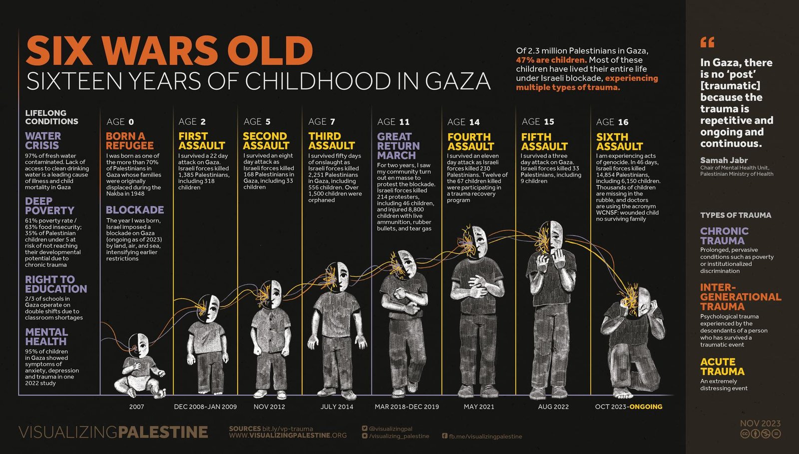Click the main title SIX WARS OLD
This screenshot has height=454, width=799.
click(169, 50)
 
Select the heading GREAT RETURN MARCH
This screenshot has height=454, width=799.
click(398, 146)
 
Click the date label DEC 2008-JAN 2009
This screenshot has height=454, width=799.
click(205, 406)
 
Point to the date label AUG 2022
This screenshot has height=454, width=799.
click(553, 406)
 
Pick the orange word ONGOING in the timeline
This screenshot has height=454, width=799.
click(646, 406)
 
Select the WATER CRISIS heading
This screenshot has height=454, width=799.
click(43, 140)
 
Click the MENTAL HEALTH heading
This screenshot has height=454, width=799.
click(46, 337)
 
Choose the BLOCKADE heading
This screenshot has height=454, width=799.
click(135, 210)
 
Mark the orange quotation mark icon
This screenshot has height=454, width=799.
click(707, 42)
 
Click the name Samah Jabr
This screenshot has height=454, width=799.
click(724, 160)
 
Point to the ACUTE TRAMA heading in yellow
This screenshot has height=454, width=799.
click(722, 366)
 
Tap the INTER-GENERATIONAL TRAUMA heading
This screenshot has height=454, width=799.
click(740, 297)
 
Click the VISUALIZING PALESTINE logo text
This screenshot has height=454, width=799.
click(113, 432)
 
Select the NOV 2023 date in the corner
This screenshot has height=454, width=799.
click(760, 423)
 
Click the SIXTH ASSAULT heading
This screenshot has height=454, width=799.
click(619, 141)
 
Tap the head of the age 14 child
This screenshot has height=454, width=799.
click(478, 240)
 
